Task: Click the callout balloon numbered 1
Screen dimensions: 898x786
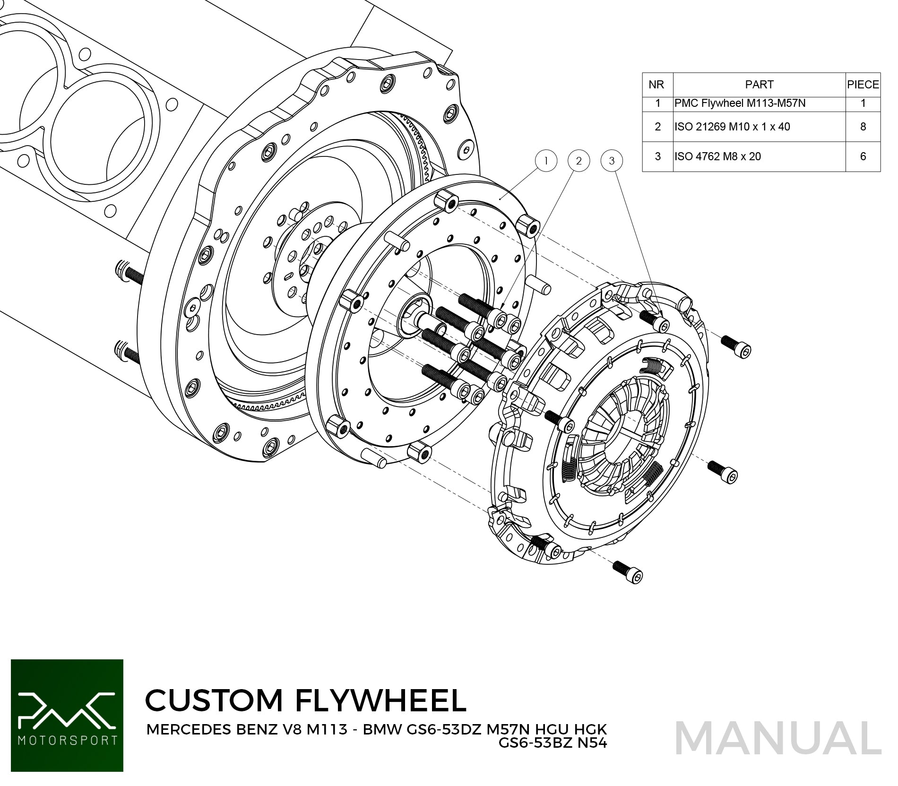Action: [546, 161]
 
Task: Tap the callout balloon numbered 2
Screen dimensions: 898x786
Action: [579, 161]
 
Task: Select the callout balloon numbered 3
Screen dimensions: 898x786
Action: [612, 161]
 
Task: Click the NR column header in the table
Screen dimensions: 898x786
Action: [656, 85]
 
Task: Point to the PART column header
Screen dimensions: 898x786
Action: [759, 85]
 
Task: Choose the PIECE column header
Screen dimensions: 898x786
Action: [863, 85]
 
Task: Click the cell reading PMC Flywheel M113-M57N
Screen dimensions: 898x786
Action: [740, 103]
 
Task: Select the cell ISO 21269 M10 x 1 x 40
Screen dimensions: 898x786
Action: [732, 127]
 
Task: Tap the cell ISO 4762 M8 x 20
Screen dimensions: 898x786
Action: [717, 156]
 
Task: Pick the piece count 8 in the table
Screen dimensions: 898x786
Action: [863, 127]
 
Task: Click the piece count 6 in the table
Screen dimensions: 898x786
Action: [863, 156]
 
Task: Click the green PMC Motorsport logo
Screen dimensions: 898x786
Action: [67, 716]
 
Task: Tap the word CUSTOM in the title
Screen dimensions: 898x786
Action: [214, 700]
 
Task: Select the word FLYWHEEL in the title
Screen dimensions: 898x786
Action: [381, 700]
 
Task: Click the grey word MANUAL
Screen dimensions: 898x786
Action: [778, 738]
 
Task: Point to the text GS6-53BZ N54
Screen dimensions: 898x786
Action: [553, 743]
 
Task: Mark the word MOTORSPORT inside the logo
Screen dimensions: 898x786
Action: [67, 740]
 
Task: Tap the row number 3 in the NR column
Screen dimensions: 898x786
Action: [657, 156]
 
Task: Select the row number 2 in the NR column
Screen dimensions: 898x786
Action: [657, 127]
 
